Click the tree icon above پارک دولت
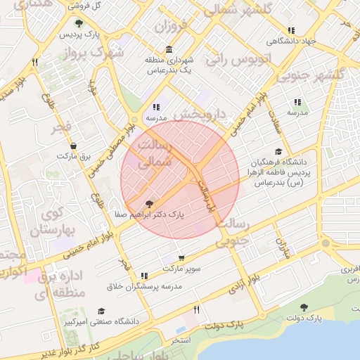[x=304, y=307]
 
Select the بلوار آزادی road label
[x=244, y=283]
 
